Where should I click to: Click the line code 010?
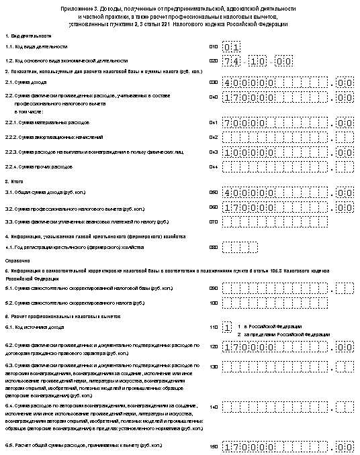click(214, 47)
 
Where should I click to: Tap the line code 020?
click(214, 60)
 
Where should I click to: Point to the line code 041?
click(214, 123)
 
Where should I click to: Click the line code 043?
click(214, 152)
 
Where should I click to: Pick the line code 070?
click(214, 221)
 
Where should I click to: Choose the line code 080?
click(214, 247)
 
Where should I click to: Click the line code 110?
click(214, 327)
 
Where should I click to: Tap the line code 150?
click(214, 446)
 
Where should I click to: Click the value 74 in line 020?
click(232, 60)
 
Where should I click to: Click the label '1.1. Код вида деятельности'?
click(36, 47)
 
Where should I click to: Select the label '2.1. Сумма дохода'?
click(27, 83)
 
